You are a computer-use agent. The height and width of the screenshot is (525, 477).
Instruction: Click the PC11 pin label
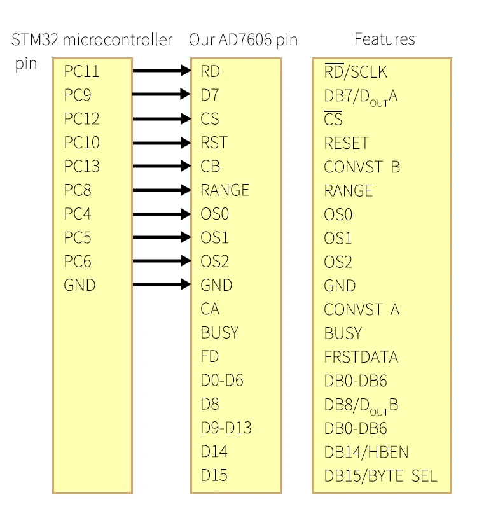pos(81,71)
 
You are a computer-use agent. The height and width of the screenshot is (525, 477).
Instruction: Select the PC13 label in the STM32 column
pos(81,167)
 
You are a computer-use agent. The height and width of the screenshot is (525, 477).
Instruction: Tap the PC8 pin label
pos(78,190)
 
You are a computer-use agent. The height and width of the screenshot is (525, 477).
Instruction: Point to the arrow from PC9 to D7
pos(162,95)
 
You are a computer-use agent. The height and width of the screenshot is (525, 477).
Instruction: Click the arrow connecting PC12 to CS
pos(162,118)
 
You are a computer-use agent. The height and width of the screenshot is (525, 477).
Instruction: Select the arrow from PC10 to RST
pos(162,143)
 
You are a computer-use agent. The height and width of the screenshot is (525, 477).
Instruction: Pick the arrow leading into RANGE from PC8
pos(162,190)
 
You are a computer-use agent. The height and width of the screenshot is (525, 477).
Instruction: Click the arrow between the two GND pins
pos(162,284)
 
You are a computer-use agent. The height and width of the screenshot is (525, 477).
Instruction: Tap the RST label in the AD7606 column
pos(214,143)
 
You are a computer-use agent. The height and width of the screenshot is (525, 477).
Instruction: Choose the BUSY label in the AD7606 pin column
pos(219,332)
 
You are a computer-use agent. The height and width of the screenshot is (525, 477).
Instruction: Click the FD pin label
pos(210,356)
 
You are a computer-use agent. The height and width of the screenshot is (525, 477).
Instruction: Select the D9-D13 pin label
pos(226,428)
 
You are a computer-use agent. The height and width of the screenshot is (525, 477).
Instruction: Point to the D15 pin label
pos(214,475)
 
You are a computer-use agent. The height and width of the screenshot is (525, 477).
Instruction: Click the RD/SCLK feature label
pos(356,72)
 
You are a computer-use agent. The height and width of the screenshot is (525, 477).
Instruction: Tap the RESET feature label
pos(346,143)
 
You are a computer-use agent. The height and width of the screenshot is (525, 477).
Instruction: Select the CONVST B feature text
pos(362,167)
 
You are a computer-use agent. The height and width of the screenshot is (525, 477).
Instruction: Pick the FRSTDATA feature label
pos(361,356)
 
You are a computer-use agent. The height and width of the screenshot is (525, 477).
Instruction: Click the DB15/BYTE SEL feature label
pos(380,475)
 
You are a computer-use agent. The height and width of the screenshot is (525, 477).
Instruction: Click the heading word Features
pos(384,39)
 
